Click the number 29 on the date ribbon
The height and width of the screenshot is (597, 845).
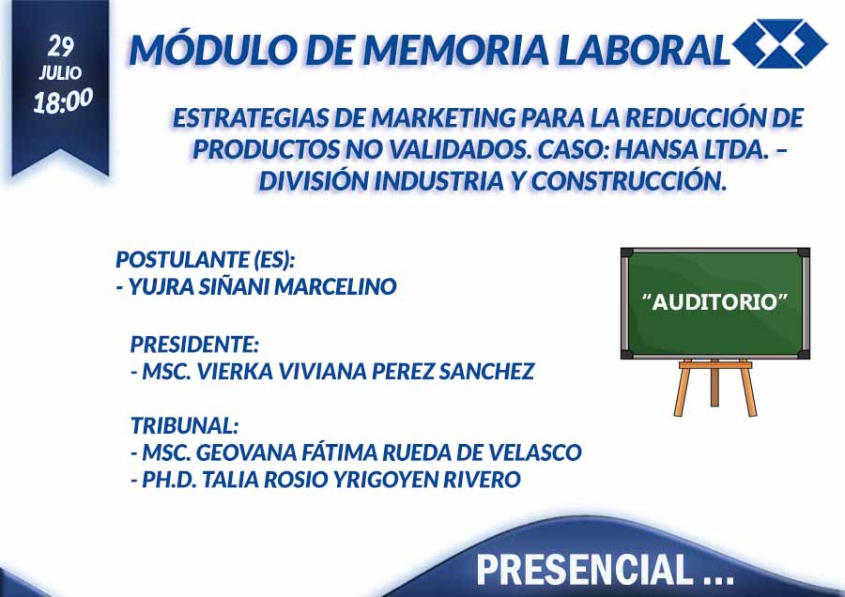point(60,46)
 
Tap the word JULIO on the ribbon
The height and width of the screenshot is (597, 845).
point(60,72)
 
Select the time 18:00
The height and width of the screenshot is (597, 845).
point(63,100)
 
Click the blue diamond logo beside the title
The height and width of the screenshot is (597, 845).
point(780,43)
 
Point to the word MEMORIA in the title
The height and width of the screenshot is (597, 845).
point(456,50)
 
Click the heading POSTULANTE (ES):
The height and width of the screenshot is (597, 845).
point(206,260)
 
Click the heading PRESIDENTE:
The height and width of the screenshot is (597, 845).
point(194,344)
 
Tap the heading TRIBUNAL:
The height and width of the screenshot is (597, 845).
point(184,425)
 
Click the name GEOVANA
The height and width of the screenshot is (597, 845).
point(246,452)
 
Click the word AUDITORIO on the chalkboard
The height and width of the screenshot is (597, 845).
point(715,301)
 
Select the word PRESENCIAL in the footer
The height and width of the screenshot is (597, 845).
point(585,570)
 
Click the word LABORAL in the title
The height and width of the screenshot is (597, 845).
point(644,50)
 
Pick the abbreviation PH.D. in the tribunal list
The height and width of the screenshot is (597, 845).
point(168,480)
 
